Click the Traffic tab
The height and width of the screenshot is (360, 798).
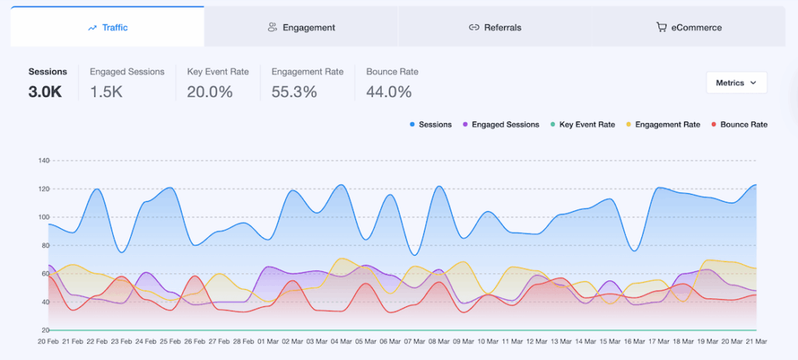coord(108,27)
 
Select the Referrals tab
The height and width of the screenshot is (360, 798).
coord(495,27)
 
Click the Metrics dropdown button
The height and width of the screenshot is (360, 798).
coord(736,83)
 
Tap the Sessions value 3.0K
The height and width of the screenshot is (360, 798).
coord(45,92)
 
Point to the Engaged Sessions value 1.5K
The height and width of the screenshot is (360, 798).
coord(107,92)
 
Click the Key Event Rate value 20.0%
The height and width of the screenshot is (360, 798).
coord(210,92)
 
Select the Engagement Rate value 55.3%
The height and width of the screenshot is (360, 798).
coord(295,92)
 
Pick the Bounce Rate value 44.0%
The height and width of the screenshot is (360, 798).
coord(389,92)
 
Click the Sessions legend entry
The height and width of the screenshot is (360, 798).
coord(430,125)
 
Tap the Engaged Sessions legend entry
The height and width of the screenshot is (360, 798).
coord(501,125)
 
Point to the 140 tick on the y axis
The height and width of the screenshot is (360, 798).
coord(43,161)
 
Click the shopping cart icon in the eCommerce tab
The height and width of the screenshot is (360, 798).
coord(661,27)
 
